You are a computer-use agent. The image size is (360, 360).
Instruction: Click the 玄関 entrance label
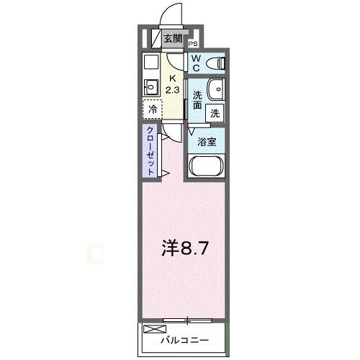(172, 39)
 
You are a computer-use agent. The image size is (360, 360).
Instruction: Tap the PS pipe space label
(194, 45)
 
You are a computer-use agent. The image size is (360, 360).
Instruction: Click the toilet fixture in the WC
(216, 63)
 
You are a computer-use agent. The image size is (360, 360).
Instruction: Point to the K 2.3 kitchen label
(172, 84)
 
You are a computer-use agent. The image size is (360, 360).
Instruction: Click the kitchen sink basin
(150, 87)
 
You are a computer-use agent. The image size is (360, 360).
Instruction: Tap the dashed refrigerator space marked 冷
(153, 110)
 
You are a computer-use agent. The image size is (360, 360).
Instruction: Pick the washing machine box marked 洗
(215, 112)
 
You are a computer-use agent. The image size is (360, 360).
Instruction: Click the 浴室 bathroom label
(207, 142)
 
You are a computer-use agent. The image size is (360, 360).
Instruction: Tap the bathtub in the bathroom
(207, 167)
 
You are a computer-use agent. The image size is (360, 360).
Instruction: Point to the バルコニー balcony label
(184, 338)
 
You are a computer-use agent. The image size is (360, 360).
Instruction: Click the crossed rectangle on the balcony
(154, 329)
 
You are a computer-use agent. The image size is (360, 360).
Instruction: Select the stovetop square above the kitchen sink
(150, 61)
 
